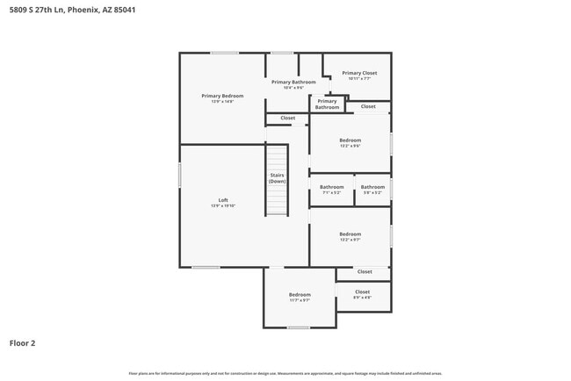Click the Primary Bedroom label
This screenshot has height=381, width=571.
click(x=222, y=96)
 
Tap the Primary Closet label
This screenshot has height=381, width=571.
click(x=359, y=73)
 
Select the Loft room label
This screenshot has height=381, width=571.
click(x=222, y=199)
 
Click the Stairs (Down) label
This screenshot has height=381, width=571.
click(x=277, y=177)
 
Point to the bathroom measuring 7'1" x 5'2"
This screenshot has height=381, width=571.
click(x=331, y=187)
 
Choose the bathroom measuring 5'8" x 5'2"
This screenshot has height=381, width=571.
click(x=372, y=187)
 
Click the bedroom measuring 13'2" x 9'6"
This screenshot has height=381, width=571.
click(x=351, y=140)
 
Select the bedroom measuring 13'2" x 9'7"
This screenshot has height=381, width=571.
click(x=351, y=234)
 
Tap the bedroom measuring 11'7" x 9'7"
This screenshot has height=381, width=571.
click(x=300, y=295)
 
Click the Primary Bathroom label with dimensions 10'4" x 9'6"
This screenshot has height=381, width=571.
click(x=293, y=82)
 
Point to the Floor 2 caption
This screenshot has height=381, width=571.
click(x=23, y=343)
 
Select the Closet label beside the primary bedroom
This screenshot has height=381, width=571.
click(x=287, y=118)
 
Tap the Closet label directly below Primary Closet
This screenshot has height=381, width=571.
click(x=368, y=106)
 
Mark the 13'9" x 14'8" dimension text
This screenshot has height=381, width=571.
click(x=222, y=102)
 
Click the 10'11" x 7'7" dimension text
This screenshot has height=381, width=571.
click(x=359, y=79)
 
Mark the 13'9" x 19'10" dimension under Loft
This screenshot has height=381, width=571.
click(x=222, y=205)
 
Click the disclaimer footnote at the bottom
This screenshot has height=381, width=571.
click(x=285, y=373)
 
